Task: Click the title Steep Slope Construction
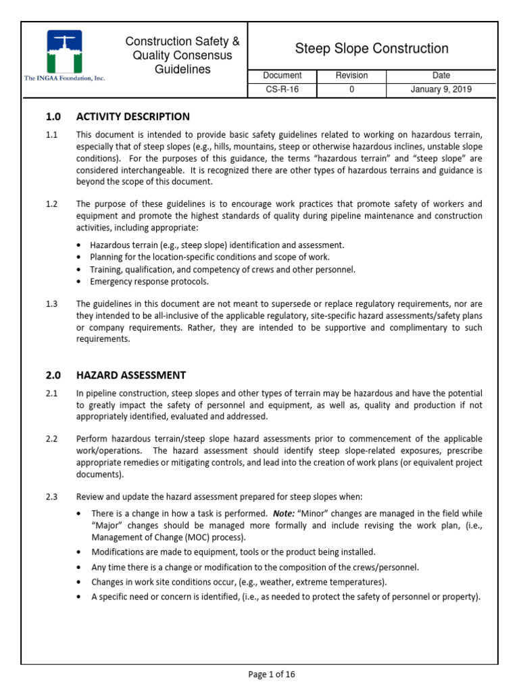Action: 372,49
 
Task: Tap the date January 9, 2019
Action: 441,89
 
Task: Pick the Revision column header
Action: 351,76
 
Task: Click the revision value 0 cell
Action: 351,89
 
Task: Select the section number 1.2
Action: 52,203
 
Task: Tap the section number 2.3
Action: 52,497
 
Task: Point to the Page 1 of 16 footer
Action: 272,674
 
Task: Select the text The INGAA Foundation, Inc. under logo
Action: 65,79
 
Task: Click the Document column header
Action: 282,76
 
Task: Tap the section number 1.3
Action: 52,303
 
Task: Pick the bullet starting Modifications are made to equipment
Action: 232,552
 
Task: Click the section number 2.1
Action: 52,393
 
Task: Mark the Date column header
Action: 441,76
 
